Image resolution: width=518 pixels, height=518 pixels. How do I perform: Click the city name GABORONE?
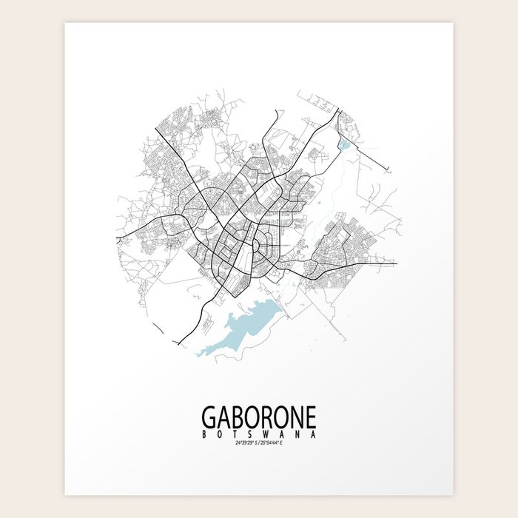tap(259, 417)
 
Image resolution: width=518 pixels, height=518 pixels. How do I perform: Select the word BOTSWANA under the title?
tap(259, 434)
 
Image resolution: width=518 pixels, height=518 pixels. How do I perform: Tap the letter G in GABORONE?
tap(208, 417)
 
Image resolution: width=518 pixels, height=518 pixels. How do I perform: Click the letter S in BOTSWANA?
tap(250, 434)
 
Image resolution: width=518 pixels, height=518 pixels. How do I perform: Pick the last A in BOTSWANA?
tap(315, 434)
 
